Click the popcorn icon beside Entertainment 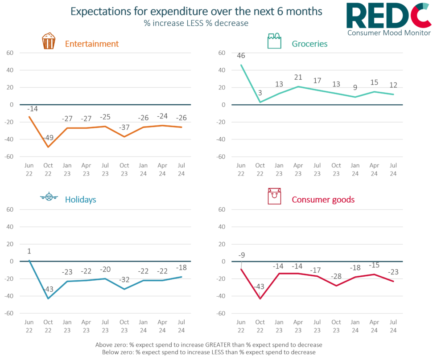pyautogui.click(x=48, y=41)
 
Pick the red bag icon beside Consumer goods pyautogui.click(x=274, y=196)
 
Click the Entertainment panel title pyautogui.click(x=92, y=44)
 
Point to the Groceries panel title pyautogui.click(x=309, y=44)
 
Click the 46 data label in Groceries pyautogui.click(x=241, y=56)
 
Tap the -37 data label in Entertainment pyautogui.click(x=124, y=128)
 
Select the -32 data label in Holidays pyautogui.click(x=124, y=280)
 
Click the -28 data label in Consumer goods pyautogui.click(x=336, y=276)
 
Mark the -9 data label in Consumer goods pyautogui.click(x=241, y=255)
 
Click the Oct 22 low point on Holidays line pyautogui.click(x=48, y=298)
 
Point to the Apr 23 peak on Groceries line pyautogui.click(x=298, y=86)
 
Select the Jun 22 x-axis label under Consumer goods pyautogui.click(x=241, y=326)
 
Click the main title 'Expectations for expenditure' pyautogui.click(x=197, y=12)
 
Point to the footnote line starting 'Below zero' pyautogui.click(x=209, y=352)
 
